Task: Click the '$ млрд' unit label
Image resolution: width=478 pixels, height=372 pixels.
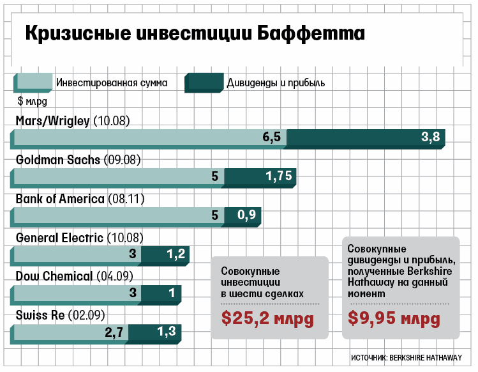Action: click(33, 100)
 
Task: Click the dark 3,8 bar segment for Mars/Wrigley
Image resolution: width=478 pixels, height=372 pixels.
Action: click(365, 139)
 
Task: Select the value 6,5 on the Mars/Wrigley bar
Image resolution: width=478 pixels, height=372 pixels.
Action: click(271, 139)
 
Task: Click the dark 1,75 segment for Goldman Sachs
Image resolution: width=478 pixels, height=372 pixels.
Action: click(260, 177)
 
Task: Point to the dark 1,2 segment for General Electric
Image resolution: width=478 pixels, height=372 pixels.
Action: click(165, 255)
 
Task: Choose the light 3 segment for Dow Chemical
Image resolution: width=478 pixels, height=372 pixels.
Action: click(77, 294)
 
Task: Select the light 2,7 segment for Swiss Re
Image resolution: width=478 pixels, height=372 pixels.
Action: click(70, 332)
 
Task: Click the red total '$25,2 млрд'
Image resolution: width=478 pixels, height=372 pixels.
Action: click(267, 318)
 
